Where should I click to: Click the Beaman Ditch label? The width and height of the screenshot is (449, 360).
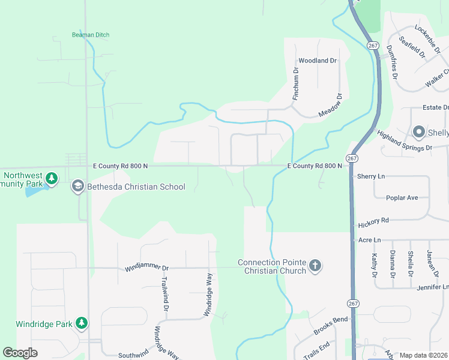[91, 35]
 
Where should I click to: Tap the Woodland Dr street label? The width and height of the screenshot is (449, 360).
[318, 61]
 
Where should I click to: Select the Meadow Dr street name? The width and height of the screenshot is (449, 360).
[330, 106]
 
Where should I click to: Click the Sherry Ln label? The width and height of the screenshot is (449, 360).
[371, 176]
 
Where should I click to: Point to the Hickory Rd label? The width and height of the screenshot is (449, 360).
[373, 223]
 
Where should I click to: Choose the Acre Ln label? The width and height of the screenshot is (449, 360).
[369, 240]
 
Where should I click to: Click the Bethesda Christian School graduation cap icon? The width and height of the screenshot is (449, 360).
[77, 187]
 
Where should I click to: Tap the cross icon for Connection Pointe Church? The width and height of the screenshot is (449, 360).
[316, 266]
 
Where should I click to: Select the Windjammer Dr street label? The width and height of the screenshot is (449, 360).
[147, 268]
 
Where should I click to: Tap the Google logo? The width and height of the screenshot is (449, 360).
[20, 353]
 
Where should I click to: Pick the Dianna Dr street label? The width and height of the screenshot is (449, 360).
[392, 264]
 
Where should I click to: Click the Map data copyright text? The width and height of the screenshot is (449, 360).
[424, 355]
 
